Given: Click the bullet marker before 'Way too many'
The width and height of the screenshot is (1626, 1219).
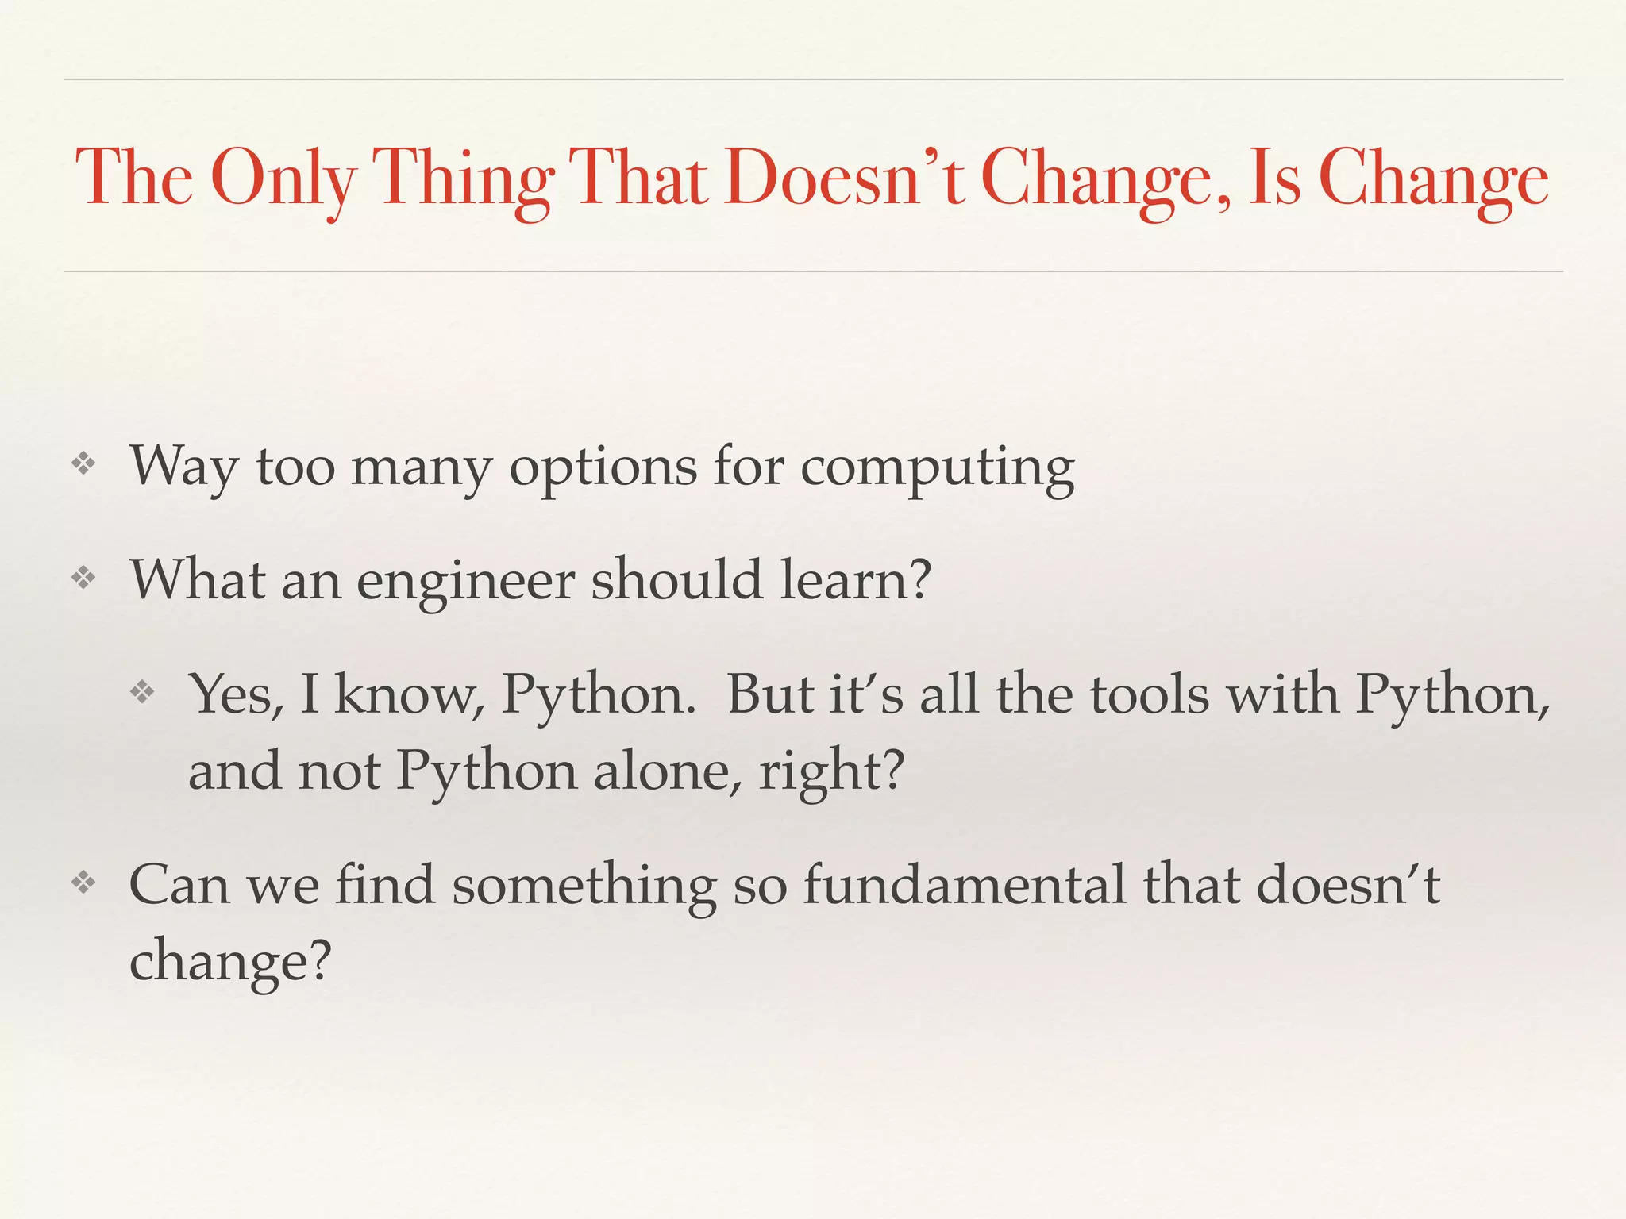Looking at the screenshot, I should click(x=83, y=464).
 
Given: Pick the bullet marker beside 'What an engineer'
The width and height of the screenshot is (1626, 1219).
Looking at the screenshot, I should click(x=83, y=578).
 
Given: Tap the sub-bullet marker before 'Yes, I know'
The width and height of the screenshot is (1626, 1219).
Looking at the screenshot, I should click(x=142, y=692).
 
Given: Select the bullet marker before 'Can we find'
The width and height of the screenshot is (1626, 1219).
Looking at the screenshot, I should click(x=83, y=883).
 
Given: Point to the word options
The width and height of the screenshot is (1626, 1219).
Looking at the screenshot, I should click(x=603, y=468).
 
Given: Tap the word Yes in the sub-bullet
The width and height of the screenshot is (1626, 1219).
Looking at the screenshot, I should click(x=237, y=694).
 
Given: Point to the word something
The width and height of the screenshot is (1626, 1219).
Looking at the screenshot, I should click(x=584, y=886).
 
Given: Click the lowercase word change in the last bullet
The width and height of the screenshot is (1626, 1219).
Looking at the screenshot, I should click(x=229, y=962).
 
